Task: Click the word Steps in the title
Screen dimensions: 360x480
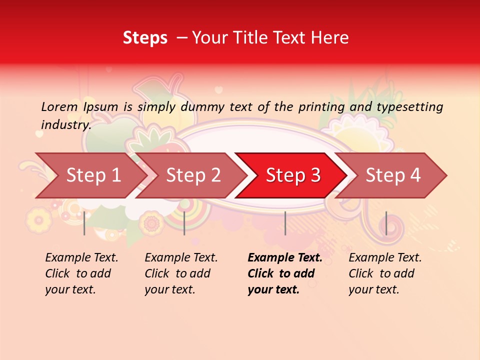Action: [x=145, y=38]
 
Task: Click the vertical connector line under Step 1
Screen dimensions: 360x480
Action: [x=84, y=223]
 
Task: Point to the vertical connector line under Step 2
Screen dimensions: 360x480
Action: [x=184, y=223]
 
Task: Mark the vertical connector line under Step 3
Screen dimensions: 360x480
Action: [x=285, y=223]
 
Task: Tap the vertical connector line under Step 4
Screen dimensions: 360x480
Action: [x=386, y=223]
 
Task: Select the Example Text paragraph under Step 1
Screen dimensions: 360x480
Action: [x=81, y=273]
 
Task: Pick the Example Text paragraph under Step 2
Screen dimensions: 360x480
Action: [x=181, y=273]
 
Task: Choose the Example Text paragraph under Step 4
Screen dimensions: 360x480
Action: [x=385, y=273]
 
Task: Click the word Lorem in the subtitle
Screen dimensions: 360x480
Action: [x=59, y=107]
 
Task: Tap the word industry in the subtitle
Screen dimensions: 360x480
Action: [x=65, y=124]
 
